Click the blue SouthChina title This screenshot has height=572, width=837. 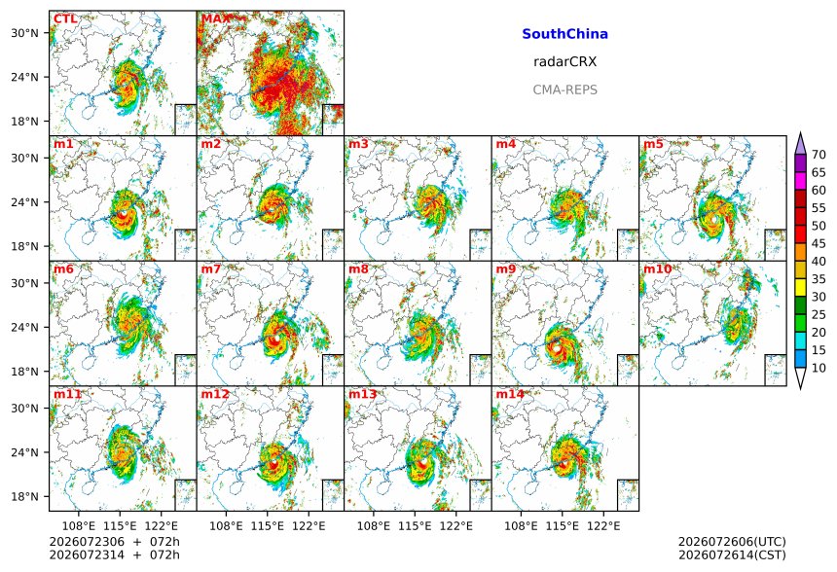564,34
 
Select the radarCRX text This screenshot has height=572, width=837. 564,62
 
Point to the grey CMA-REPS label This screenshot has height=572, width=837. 564,89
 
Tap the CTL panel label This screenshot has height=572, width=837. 65,19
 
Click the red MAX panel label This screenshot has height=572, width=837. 214,19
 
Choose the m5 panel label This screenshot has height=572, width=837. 653,144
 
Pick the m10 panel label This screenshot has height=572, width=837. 657,268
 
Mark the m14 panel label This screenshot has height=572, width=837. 510,394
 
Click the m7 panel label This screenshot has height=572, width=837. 210,268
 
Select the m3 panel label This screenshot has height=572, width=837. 358,144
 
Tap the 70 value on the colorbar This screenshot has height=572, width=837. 819,155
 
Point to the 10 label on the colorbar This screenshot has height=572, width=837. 819,368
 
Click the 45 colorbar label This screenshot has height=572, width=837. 819,244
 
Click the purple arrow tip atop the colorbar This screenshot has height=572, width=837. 800,133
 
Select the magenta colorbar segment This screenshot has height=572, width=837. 800,181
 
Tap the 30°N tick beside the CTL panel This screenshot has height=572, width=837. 24,33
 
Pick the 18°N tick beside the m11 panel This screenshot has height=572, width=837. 24,497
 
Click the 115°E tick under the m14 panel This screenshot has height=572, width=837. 563,526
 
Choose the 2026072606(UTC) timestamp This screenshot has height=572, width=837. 732,542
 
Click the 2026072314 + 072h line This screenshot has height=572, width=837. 114,554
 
